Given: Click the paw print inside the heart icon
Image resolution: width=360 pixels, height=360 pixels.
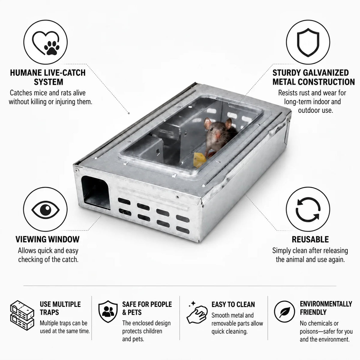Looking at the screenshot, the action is (x=52, y=48).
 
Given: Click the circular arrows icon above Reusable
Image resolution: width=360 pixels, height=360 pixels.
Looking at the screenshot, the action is (x=308, y=209).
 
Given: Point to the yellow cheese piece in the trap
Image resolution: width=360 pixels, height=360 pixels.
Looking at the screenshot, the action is (x=199, y=160).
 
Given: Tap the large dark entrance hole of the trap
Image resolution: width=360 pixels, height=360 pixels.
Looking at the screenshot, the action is (x=95, y=193).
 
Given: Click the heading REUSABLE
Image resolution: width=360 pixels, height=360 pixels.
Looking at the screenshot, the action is (x=310, y=239).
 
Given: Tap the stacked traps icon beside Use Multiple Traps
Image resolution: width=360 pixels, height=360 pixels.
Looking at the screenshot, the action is (x=22, y=315).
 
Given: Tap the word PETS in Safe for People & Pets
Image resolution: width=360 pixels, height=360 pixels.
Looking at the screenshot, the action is (x=134, y=312).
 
